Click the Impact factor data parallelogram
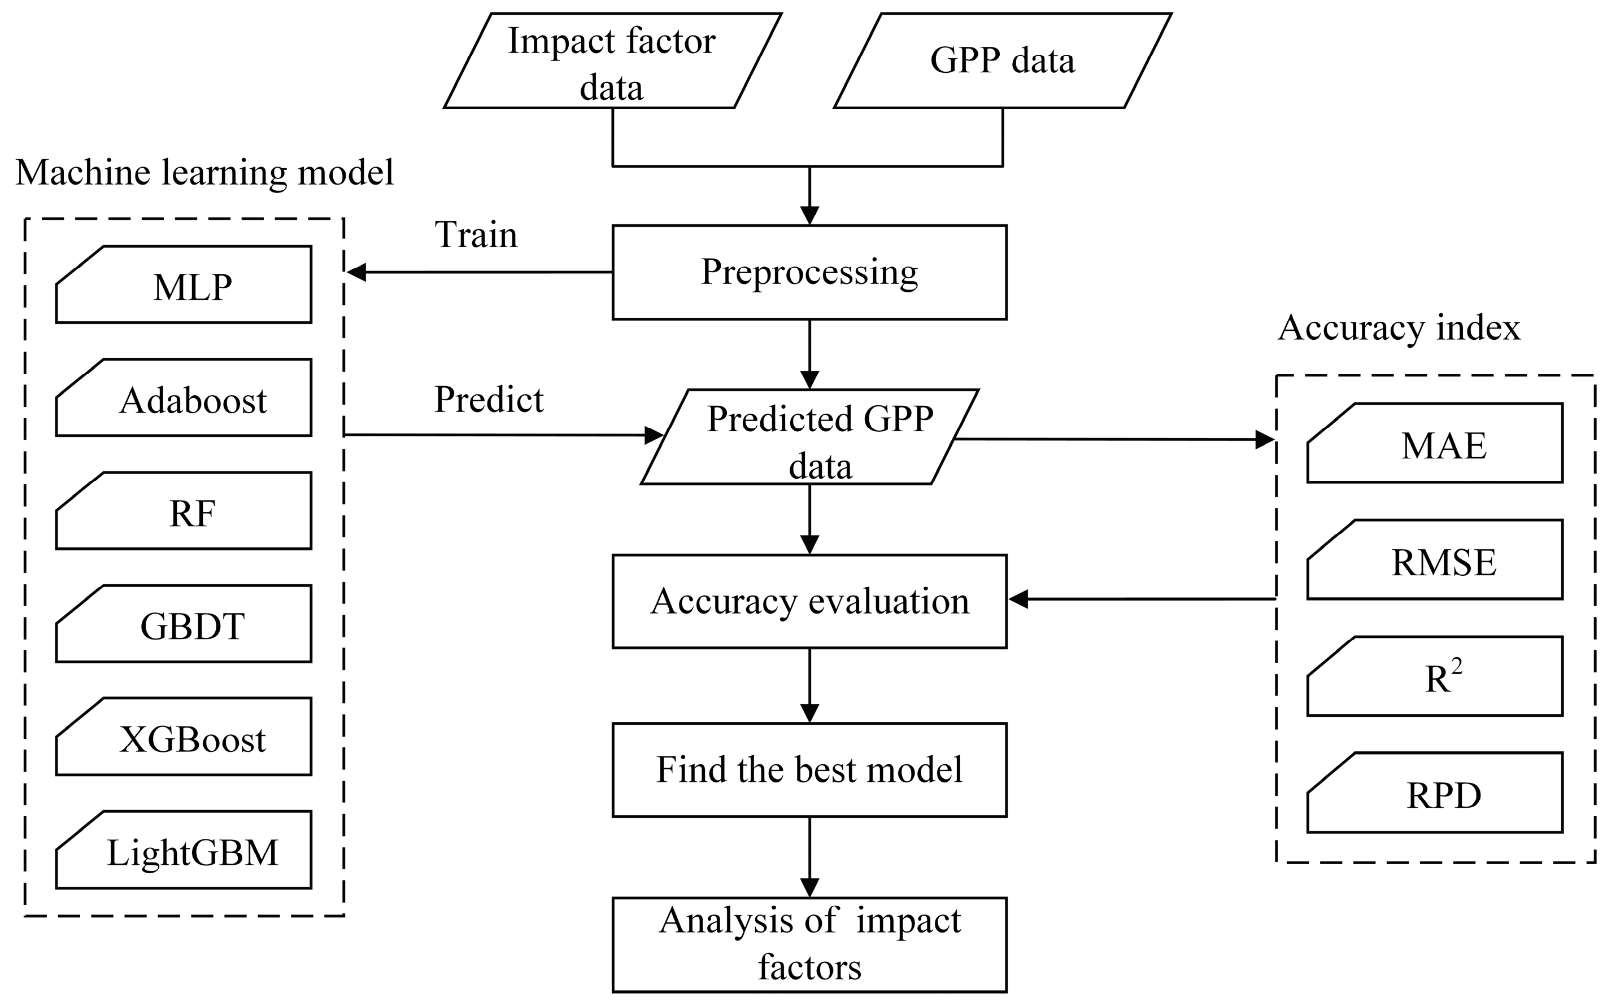[612, 62]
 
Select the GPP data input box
[1002, 62]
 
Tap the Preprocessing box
[809, 273]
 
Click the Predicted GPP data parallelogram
[809, 437]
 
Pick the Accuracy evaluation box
[809, 601]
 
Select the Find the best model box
[809, 769]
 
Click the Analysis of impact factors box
[809, 944]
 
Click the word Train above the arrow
[476, 235]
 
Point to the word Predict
[489, 400]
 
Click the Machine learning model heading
[204, 173]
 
